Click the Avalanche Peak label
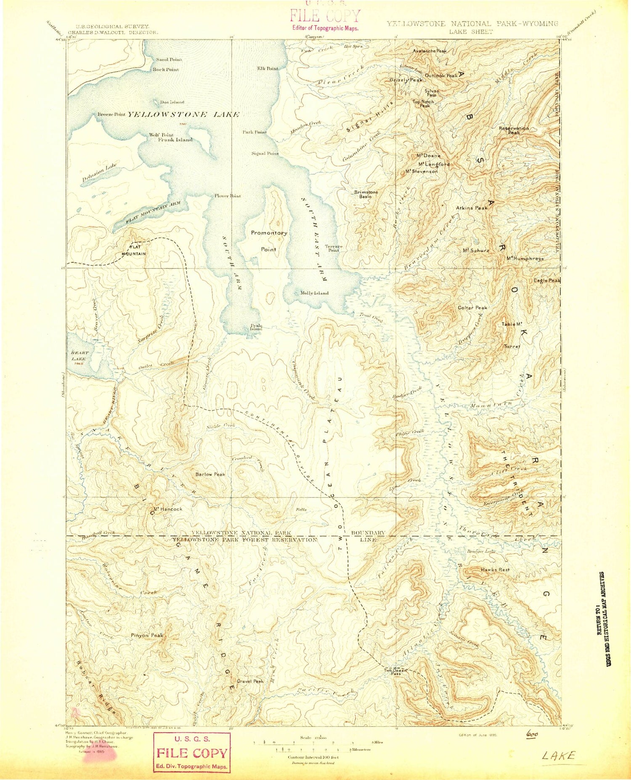429,51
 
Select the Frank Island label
175,140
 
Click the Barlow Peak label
210,474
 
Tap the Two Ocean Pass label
395,671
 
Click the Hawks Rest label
495,570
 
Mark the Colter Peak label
472,308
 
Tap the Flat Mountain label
134,250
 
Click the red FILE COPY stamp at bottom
192,752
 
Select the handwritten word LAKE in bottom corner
558,756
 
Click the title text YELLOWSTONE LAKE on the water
183,114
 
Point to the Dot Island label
172,102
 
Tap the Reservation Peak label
514,130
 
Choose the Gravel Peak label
250,681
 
